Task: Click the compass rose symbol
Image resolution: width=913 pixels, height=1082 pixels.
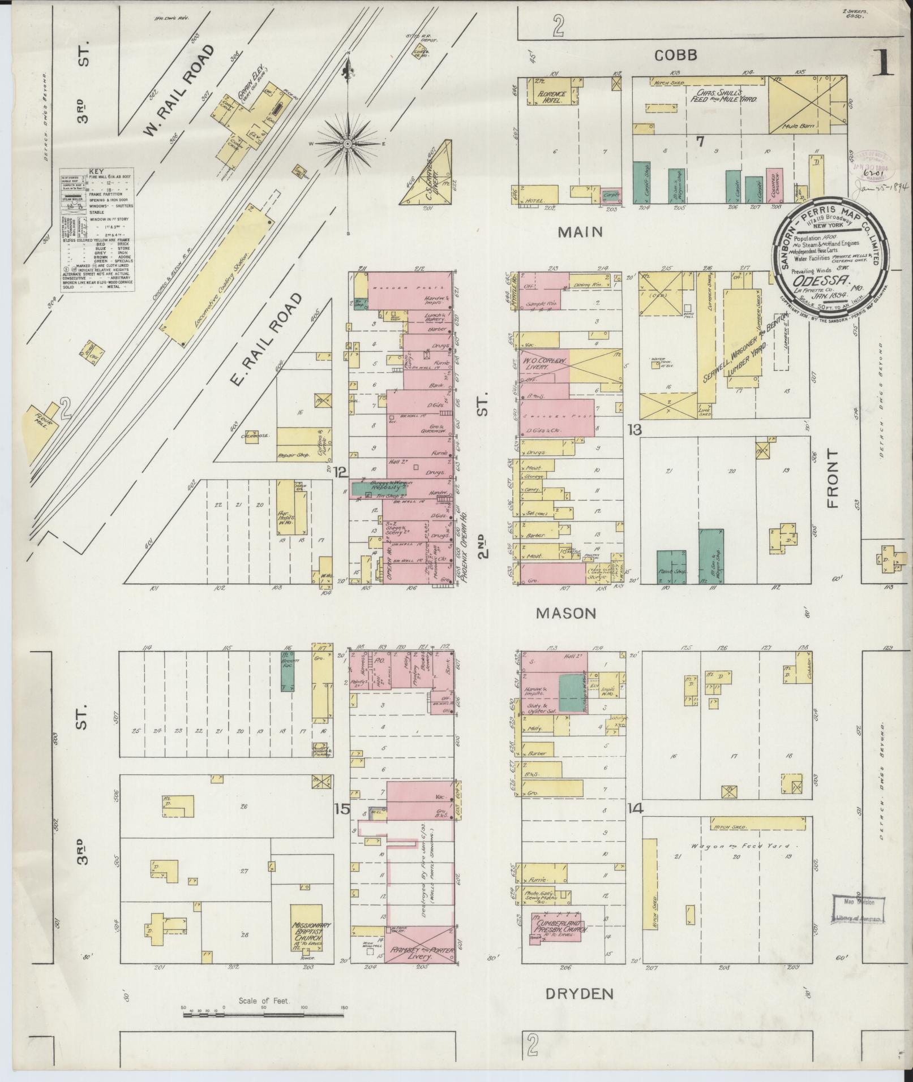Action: point(348,144)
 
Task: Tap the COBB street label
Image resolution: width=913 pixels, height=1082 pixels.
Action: point(675,55)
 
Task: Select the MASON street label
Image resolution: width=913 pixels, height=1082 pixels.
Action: point(566,613)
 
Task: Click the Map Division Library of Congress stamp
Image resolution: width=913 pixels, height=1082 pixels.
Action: point(855,912)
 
